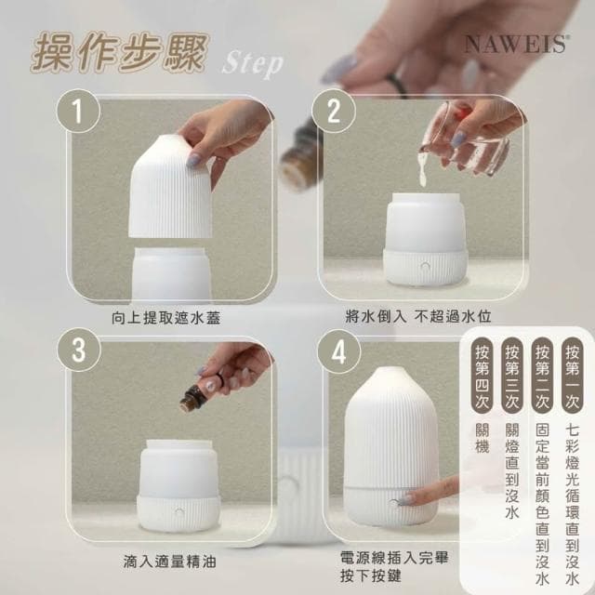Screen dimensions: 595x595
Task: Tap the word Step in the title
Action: (x=253, y=64)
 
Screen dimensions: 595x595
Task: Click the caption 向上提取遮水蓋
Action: (x=170, y=318)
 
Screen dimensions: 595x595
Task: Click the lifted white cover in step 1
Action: (x=181, y=186)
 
